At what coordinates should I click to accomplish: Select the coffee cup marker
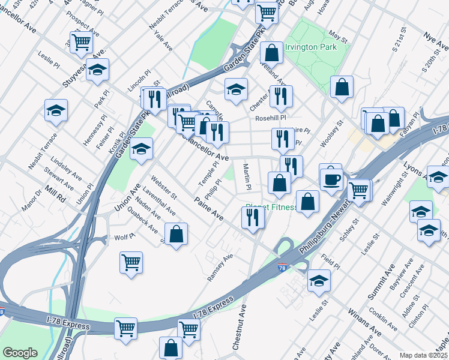(331, 178)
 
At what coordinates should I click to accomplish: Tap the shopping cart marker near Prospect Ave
(81, 42)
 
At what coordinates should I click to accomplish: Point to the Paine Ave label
(208, 208)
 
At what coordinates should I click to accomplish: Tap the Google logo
(20, 353)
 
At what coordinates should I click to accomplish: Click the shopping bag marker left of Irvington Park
(271, 52)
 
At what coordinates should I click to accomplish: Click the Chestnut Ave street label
(240, 327)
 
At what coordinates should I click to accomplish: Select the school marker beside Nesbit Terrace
(56, 110)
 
